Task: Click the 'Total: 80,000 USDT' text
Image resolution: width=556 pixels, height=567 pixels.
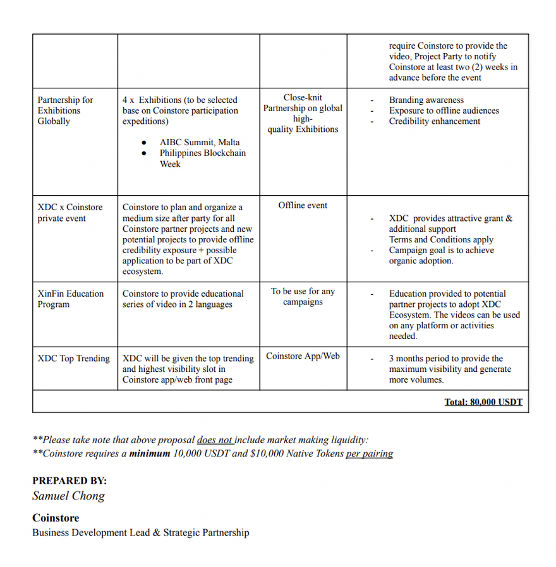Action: [x=483, y=402]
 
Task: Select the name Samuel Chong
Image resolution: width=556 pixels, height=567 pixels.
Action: [x=68, y=496]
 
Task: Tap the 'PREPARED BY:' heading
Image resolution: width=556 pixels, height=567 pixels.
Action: [x=69, y=480]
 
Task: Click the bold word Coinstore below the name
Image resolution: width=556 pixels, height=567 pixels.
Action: [x=56, y=518]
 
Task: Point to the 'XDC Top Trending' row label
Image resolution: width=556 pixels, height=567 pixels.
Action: [x=73, y=358]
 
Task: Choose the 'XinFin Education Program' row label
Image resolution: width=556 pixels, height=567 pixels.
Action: [x=70, y=299]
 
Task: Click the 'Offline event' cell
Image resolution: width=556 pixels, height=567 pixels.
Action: [x=303, y=205]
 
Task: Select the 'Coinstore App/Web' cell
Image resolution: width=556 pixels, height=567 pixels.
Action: [x=303, y=356]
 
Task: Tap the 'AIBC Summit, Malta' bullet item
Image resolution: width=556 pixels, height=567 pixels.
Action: [x=200, y=142]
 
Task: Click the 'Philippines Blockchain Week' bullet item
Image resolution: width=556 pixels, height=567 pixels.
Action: [x=202, y=158]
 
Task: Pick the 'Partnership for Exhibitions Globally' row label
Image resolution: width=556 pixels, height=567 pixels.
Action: [x=64, y=110]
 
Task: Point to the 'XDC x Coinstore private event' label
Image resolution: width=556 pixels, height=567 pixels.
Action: [x=69, y=212]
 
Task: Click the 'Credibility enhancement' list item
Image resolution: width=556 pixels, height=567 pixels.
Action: [x=434, y=121]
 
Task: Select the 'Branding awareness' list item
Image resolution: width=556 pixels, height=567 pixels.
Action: [x=426, y=100]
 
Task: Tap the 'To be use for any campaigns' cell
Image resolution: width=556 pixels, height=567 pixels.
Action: [x=303, y=297]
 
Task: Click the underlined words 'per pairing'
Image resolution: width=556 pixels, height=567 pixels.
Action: [x=369, y=453]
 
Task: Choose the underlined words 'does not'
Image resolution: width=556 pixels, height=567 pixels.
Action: [x=215, y=439]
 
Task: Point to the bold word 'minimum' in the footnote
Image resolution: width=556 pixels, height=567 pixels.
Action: [x=150, y=453]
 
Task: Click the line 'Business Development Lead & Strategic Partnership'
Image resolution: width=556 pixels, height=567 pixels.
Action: [x=140, y=532]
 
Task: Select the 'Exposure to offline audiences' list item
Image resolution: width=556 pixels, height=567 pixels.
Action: [x=444, y=110]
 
